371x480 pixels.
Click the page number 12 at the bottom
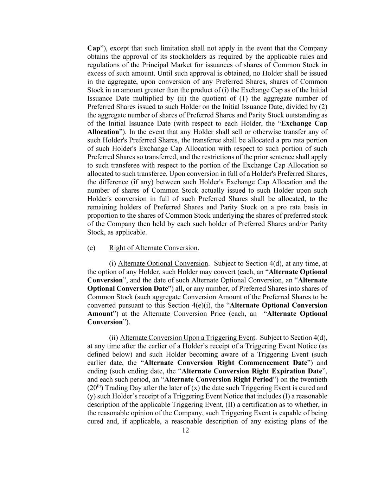point(186,430)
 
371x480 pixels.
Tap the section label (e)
point(91,248)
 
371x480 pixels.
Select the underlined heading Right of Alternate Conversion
point(153,248)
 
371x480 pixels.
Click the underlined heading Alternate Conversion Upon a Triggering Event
point(188,338)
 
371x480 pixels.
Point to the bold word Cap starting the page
point(94,49)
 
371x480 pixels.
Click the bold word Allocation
point(103,132)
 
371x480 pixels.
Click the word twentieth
point(313,380)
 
